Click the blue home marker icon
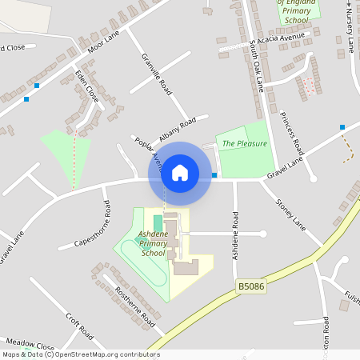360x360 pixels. point(180,173)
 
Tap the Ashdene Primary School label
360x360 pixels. point(153,243)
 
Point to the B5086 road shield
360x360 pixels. point(250,285)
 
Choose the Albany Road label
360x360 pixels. point(178,129)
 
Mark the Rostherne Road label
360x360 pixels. point(134,306)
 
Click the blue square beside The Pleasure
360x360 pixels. point(214,174)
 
